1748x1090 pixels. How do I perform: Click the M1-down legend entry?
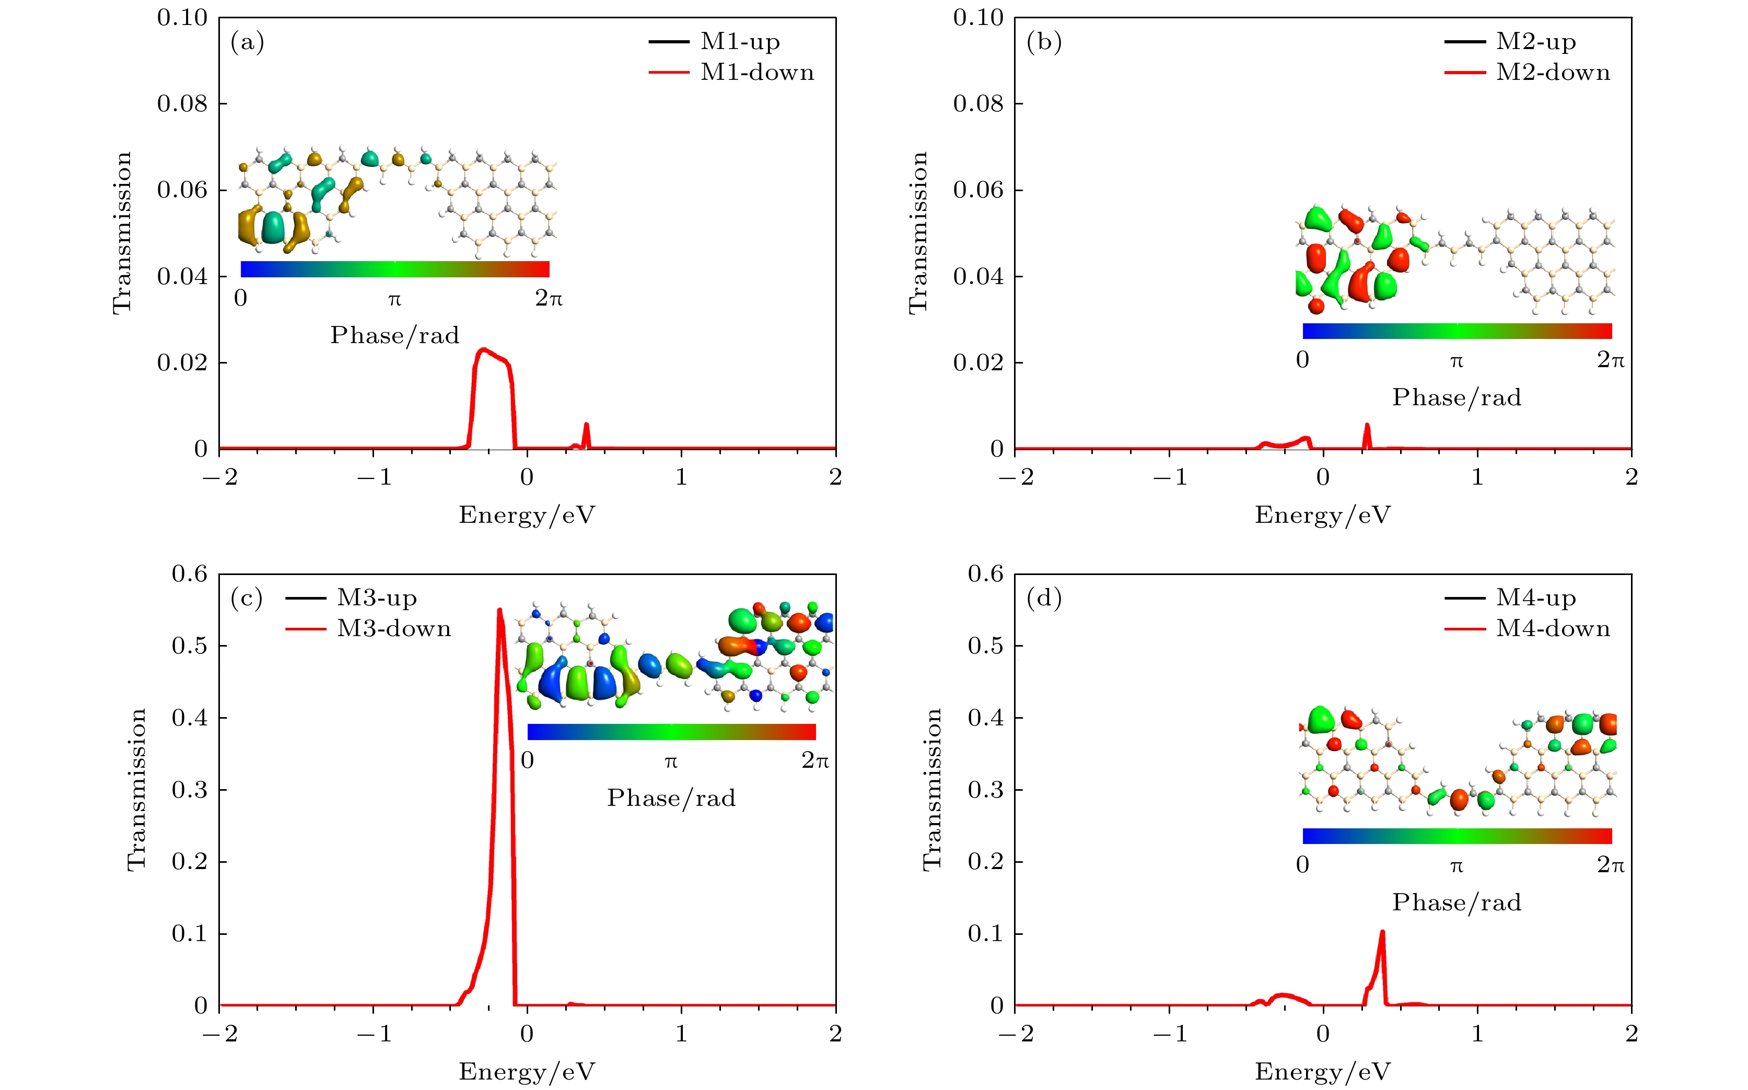[756, 73]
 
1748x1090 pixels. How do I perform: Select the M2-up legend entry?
[1535, 42]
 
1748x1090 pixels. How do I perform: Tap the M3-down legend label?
[394, 629]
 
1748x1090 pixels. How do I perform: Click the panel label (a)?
[247, 42]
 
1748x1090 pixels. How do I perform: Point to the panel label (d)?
[1043, 599]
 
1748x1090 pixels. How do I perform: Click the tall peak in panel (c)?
[499, 611]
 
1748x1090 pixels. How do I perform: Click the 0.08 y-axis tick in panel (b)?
[978, 104]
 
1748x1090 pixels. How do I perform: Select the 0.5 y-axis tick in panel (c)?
[189, 646]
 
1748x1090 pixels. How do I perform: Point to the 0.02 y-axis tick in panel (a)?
[182, 362]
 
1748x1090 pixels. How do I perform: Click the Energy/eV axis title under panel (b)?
[1323, 515]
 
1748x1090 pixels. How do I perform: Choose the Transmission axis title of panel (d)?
[931, 789]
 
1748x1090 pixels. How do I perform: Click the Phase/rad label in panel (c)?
[671, 798]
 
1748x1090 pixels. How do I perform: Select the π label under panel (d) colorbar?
[1456, 865]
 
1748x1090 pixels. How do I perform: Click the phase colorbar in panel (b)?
[1456, 331]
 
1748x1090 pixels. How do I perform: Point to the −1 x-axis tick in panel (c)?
[374, 1034]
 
